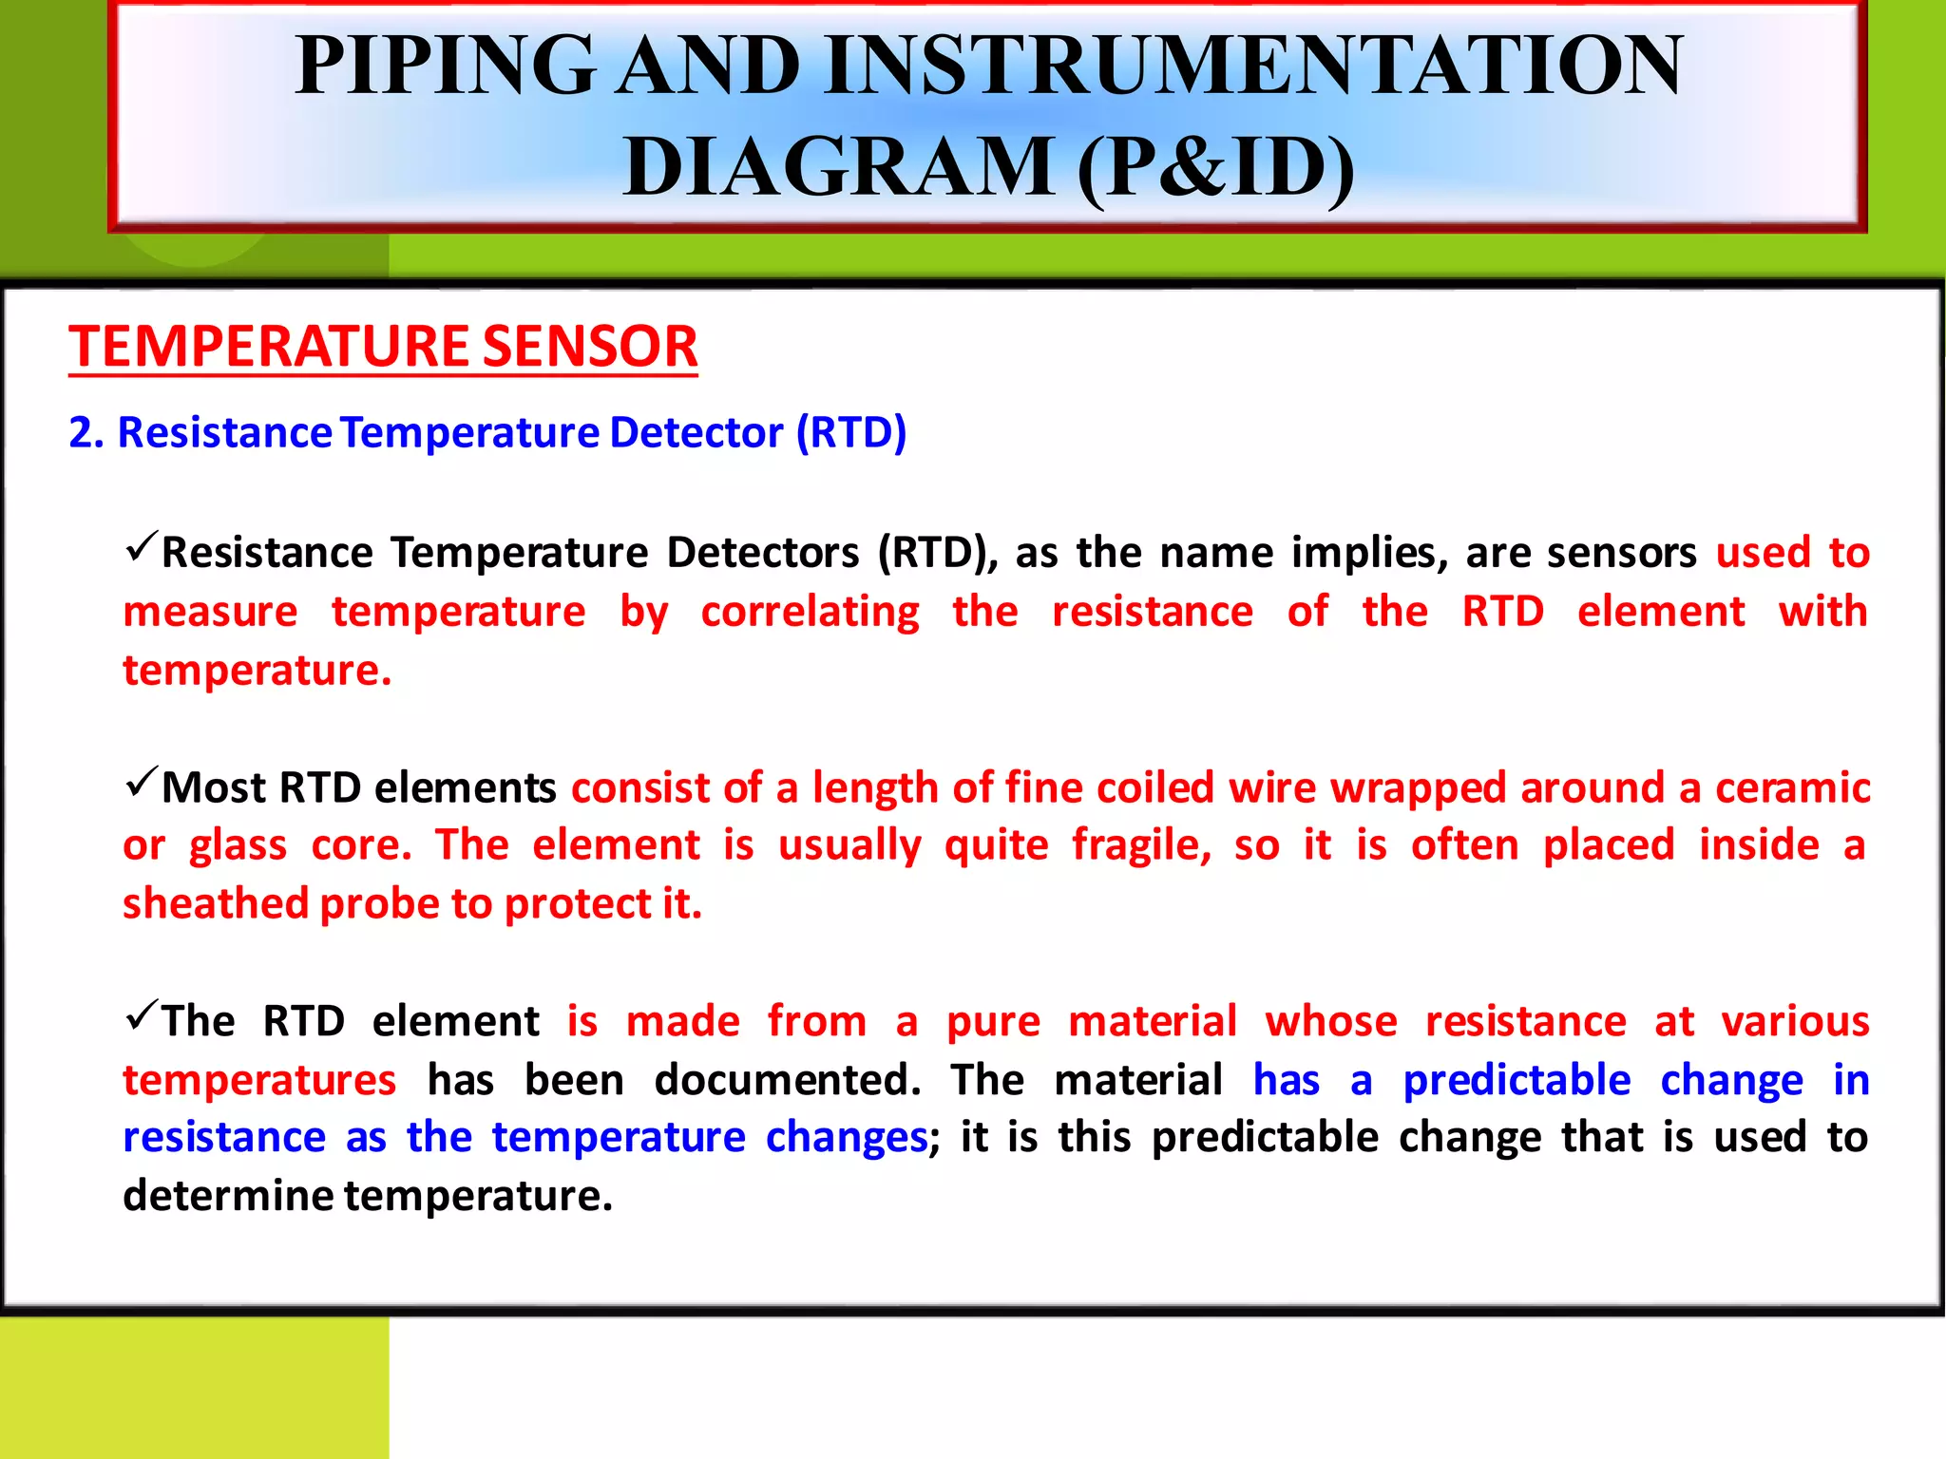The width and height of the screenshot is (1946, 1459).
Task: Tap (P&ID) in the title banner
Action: click(1215, 167)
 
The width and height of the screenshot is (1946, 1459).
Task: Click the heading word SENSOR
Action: click(589, 346)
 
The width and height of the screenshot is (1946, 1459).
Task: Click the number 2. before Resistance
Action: click(86, 433)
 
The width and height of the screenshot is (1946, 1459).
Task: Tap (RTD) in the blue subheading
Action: click(850, 433)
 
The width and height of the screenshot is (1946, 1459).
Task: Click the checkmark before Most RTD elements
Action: click(141, 783)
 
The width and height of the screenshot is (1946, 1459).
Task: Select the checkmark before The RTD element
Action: click(141, 1016)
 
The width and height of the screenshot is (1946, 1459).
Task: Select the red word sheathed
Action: click(216, 903)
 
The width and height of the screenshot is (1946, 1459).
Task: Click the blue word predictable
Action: click(1517, 1081)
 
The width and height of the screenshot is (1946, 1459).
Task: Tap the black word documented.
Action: click(788, 1081)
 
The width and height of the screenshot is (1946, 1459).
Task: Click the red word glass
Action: click(238, 845)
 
